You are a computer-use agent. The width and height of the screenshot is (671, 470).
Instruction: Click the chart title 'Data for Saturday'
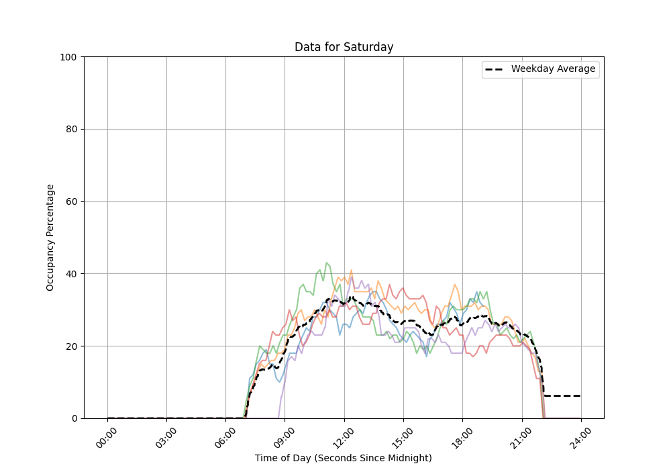pos(344,47)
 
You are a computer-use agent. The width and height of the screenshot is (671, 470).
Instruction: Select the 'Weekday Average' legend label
pos(553,69)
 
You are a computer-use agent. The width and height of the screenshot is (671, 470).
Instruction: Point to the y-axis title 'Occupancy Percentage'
pos(50,237)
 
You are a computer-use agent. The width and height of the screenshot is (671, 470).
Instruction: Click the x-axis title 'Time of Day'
pos(343,458)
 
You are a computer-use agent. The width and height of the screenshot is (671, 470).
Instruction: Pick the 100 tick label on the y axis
pos(70,57)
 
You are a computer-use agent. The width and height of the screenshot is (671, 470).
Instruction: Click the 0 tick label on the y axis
pos(74,418)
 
